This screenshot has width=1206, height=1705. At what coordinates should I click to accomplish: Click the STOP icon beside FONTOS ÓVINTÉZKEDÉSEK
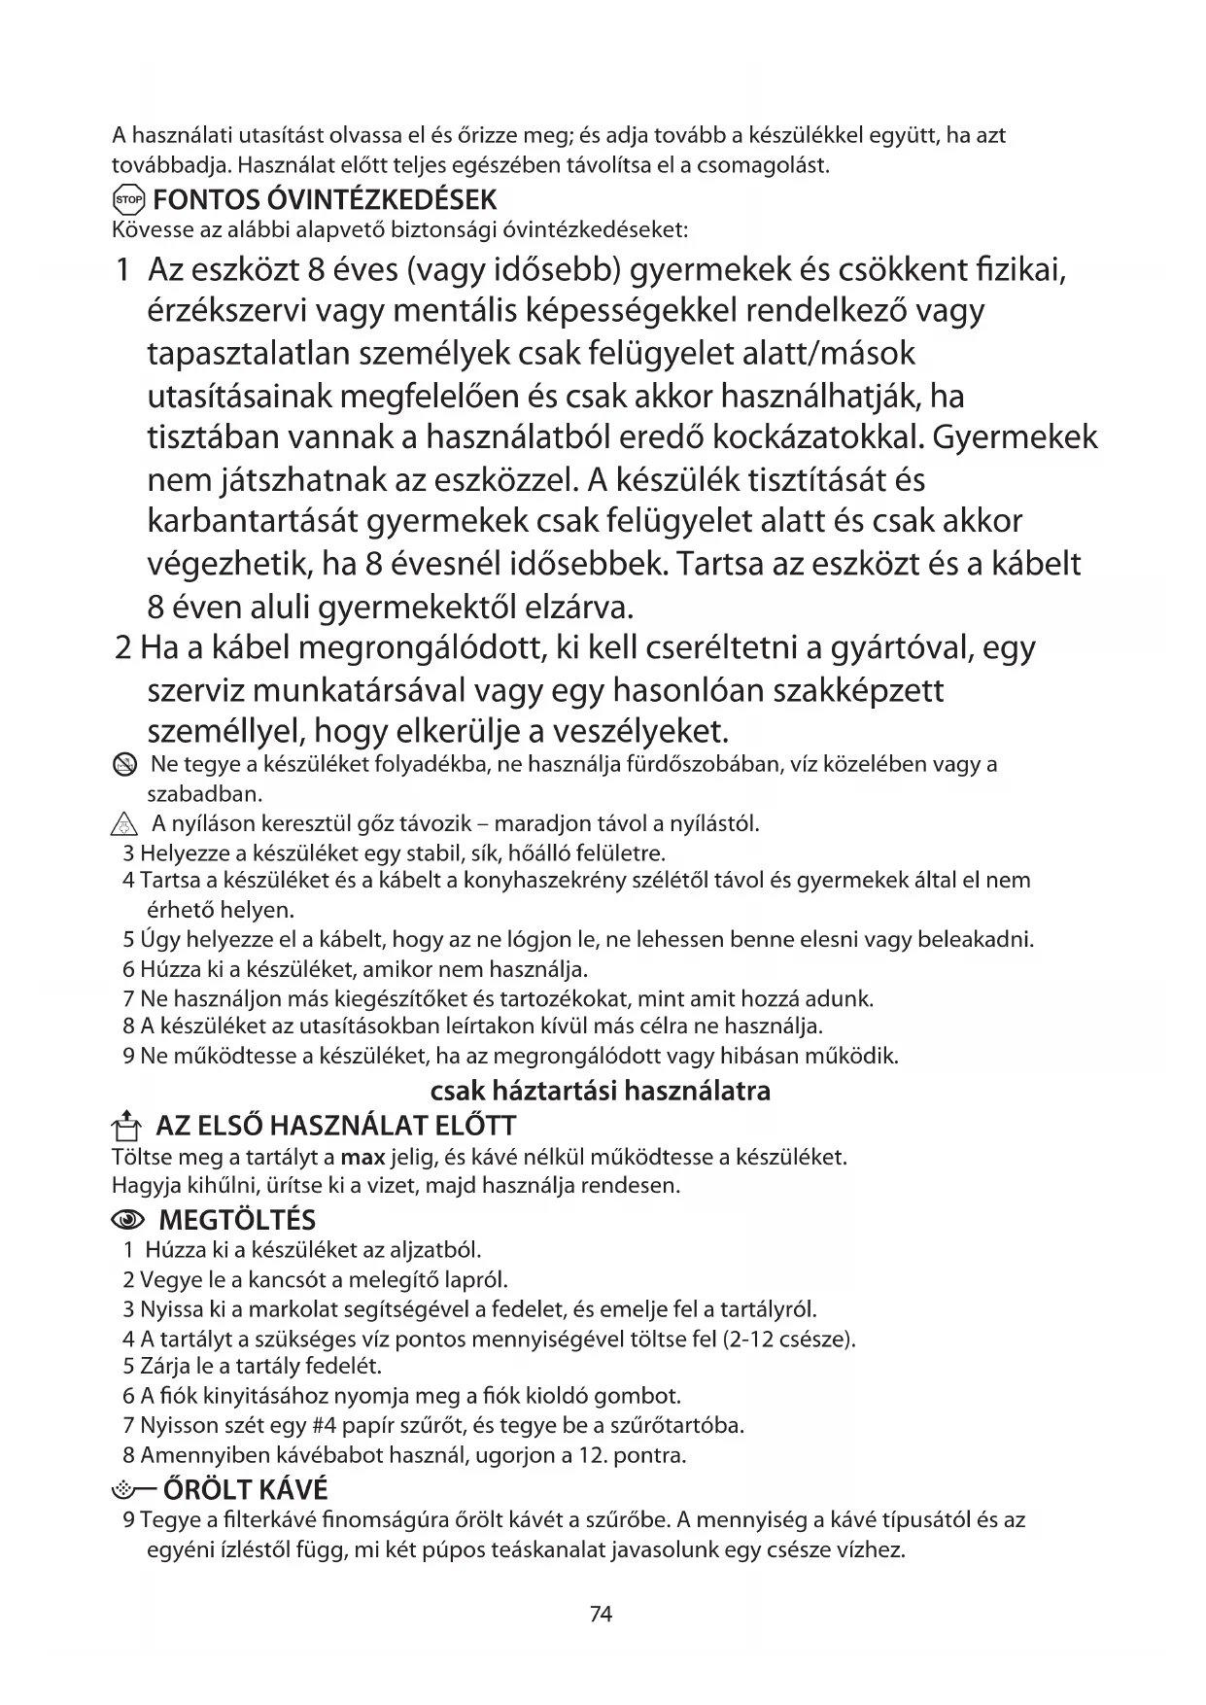(x=128, y=200)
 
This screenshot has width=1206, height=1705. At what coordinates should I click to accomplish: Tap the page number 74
(x=602, y=1615)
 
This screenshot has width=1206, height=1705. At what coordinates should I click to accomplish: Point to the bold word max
(x=362, y=1158)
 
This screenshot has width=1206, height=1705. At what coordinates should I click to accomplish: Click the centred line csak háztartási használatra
(x=601, y=1091)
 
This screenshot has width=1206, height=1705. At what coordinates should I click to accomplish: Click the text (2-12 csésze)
(x=788, y=1339)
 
